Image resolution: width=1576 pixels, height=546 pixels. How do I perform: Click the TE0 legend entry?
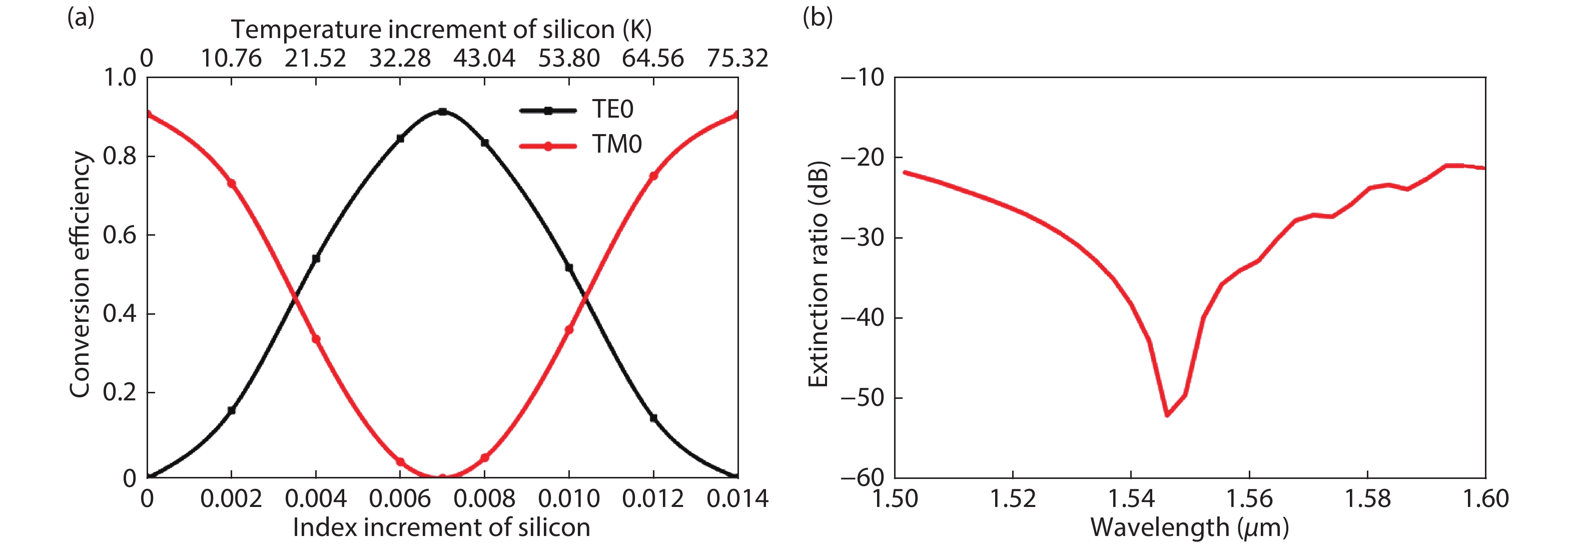point(612,110)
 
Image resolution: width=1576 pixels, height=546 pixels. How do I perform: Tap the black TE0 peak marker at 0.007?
point(442,112)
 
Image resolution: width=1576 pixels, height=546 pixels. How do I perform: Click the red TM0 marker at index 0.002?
point(231,183)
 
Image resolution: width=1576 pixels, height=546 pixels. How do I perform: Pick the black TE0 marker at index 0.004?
point(316,258)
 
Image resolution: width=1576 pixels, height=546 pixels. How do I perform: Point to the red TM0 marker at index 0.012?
point(653,176)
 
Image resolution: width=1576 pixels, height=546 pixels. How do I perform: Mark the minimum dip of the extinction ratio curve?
point(1167,415)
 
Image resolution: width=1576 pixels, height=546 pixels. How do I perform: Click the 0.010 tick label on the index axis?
point(569,499)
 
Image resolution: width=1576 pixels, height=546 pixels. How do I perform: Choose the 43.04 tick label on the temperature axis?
point(484,59)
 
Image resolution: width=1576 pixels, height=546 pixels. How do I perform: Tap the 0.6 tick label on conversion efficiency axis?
point(120,235)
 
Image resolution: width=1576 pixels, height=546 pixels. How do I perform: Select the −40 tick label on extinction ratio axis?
point(863,318)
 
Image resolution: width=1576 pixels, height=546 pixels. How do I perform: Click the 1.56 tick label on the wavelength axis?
point(1249,499)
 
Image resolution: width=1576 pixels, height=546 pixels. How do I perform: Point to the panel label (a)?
point(81,18)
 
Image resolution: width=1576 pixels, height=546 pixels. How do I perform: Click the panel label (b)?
point(818,18)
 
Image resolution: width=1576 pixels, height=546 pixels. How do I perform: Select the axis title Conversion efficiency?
point(80,274)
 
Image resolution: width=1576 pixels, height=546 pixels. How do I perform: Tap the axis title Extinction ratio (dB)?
point(818,274)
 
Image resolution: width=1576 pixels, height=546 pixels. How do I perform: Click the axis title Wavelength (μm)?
point(1189,527)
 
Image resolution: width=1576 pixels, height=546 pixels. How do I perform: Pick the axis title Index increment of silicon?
point(441,527)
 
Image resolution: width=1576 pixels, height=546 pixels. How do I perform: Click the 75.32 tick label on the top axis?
point(737,59)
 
